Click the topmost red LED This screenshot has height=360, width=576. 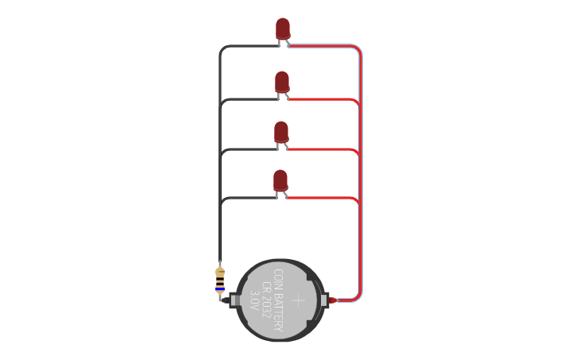click(283, 29)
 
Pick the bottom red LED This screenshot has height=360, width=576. click(280, 180)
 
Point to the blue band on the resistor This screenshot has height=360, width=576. click(220, 288)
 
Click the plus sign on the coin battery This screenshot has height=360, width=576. click(298, 300)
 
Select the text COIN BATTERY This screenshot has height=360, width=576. click(279, 300)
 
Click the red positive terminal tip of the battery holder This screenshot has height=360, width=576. click(334, 300)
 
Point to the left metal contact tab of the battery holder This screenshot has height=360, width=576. click(235, 300)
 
